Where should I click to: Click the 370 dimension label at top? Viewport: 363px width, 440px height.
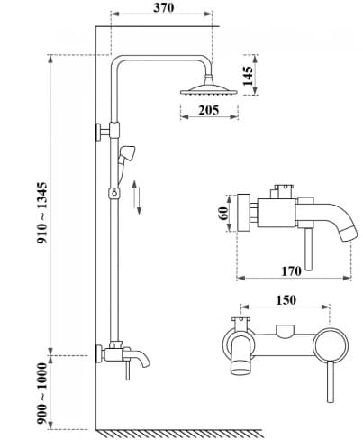(163, 8)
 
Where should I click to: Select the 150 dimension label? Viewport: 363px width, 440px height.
(284, 301)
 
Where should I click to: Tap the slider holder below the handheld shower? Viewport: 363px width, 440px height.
(113, 192)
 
